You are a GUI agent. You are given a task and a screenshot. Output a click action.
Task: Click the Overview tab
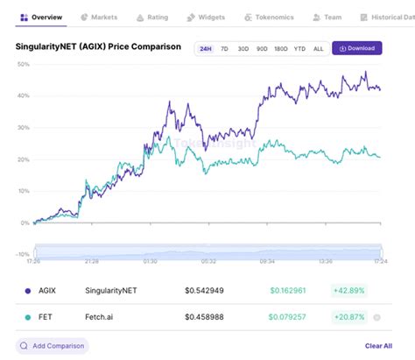(x=41, y=17)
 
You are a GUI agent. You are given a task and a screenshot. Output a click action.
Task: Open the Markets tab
(x=99, y=17)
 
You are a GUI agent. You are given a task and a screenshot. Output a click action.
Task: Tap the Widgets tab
(x=207, y=17)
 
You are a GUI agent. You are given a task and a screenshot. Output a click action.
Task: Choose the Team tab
(x=327, y=17)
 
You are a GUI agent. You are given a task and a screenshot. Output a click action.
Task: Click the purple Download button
(x=356, y=48)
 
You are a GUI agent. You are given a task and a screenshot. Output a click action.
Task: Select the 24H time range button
(x=205, y=48)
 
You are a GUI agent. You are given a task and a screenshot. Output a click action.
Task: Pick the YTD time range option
(x=299, y=48)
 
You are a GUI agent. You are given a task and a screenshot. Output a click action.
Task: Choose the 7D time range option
(x=224, y=48)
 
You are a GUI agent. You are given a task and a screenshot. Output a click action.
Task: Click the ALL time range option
(x=318, y=48)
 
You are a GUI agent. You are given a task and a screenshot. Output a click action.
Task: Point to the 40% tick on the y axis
(x=23, y=95)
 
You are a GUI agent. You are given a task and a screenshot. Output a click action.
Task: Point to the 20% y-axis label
(x=23, y=159)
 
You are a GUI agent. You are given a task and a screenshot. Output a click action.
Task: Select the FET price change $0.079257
(x=285, y=318)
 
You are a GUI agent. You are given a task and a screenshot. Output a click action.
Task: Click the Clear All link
(x=378, y=346)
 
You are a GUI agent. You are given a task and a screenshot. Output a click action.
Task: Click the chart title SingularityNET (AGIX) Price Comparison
(x=98, y=46)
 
